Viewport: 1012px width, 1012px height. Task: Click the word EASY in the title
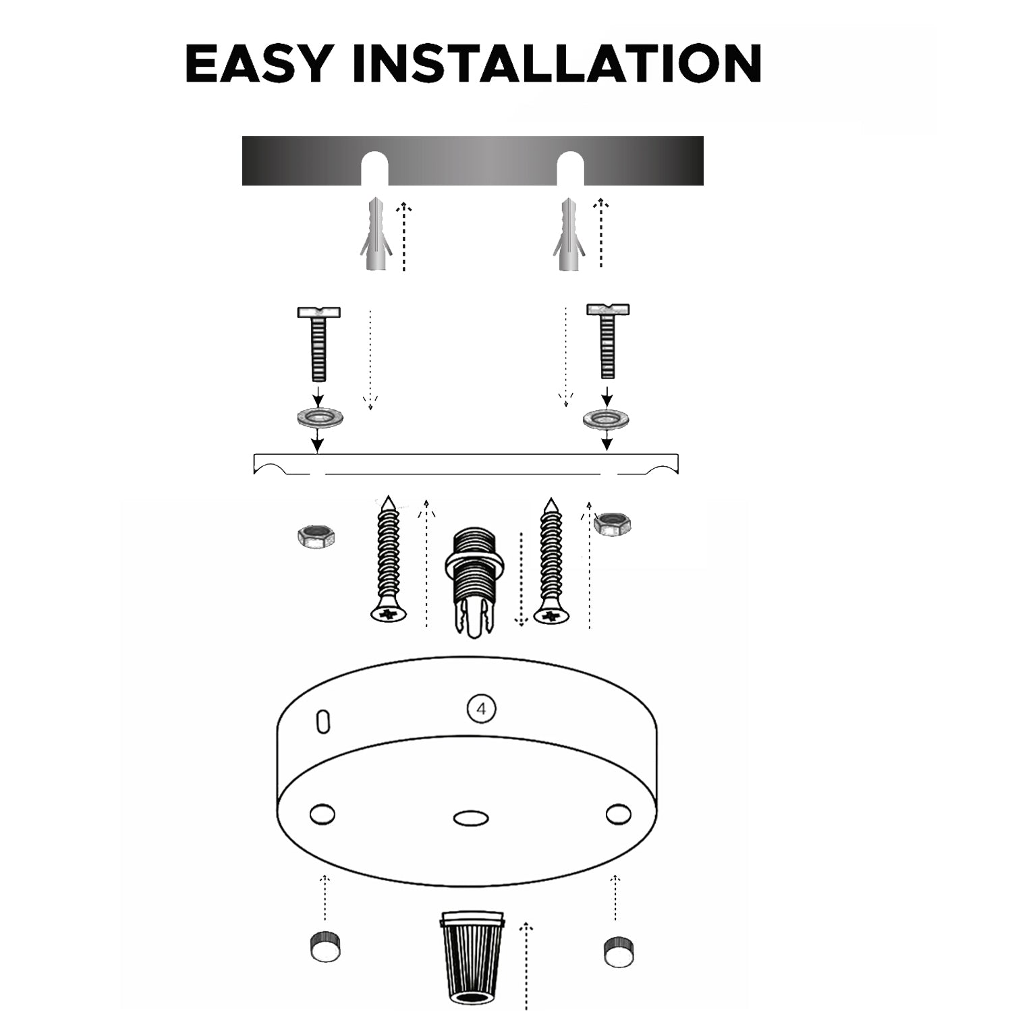coord(258,63)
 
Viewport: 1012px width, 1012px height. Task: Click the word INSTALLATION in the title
coord(557,63)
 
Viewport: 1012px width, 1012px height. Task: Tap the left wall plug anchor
coord(375,234)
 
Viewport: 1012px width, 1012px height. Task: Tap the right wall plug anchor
coord(569,234)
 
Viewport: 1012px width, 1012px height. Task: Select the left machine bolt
coord(319,343)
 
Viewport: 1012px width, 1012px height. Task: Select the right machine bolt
coord(607,341)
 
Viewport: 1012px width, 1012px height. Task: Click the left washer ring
coord(319,416)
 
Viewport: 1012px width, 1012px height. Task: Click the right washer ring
coord(606,418)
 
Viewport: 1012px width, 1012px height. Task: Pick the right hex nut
coord(613,524)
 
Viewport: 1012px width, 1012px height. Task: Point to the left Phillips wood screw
coord(389,559)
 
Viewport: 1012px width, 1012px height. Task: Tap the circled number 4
coord(481,709)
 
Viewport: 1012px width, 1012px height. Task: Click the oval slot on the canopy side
coord(323,721)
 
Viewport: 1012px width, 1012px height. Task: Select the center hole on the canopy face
coord(471,818)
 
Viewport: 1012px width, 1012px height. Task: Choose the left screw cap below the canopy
coord(325,947)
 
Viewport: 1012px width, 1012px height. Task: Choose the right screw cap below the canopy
coord(618,951)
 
